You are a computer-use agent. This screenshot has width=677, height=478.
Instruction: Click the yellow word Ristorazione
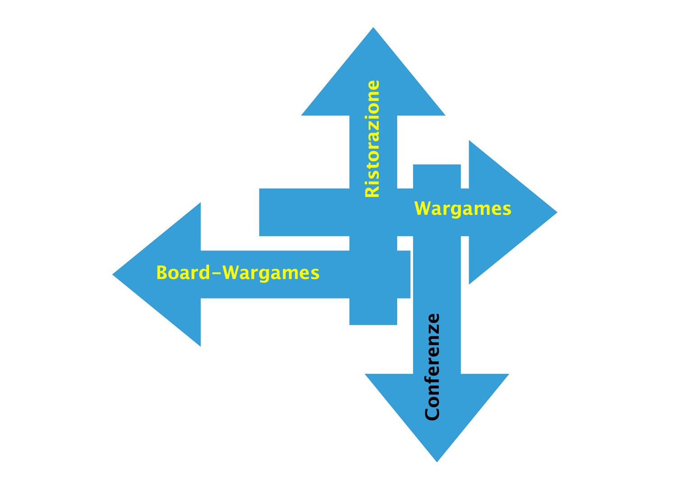[x=372, y=139]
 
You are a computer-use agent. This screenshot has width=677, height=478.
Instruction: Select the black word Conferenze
[x=432, y=367]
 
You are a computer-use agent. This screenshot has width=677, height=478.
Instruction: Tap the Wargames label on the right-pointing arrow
[x=463, y=209]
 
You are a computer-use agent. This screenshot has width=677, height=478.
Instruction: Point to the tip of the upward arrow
[x=373, y=28]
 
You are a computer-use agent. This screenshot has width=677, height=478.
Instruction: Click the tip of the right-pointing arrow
[x=557, y=212]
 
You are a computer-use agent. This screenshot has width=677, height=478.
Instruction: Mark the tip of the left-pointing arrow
[x=112, y=275]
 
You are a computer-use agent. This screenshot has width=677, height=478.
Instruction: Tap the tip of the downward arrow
[x=437, y=462]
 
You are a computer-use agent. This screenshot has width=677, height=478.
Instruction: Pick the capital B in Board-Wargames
[x=162, y=272]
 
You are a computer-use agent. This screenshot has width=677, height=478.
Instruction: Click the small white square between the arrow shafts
[x=405, y=243]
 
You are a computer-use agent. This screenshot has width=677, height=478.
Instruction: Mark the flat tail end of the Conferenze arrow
[x=437, y=165]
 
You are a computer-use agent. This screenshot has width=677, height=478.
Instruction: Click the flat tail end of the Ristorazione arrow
[x=373, y=325]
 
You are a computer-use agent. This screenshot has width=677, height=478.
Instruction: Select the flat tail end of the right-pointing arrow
[x=260, y=212]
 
